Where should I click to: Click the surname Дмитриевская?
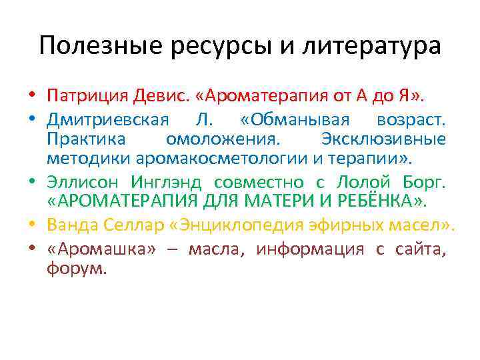tap(106, 119)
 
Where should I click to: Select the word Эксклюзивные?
tap(383, 139)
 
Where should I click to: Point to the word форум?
tap(76, 269)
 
